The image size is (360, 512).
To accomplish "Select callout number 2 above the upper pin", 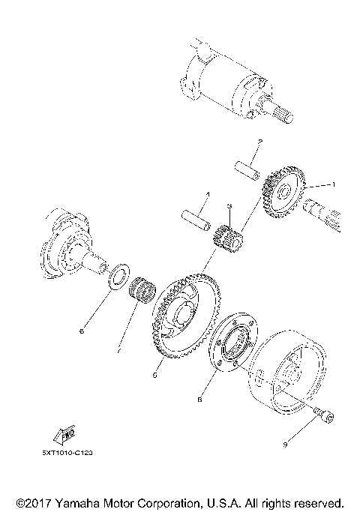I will pos(259,142).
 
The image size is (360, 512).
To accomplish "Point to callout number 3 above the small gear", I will pos(229,205).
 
